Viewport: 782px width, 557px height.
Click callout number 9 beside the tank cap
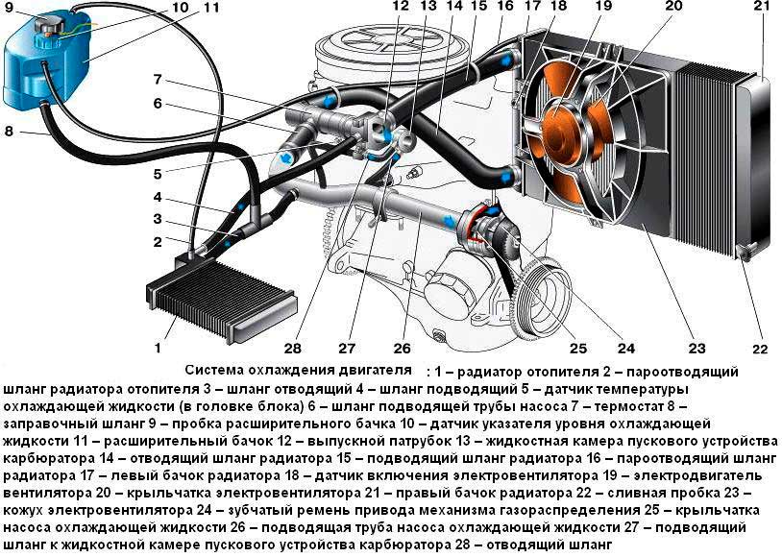click(x=10, y=8)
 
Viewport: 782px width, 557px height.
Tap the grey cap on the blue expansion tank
click(x=47, y=23)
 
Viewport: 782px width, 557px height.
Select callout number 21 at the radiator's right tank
click(x=762, y=7)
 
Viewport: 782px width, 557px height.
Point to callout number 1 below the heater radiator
click(x=159, y=347)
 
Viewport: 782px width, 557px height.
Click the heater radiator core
click(x=222, y=299)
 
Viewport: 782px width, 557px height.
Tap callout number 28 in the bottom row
click(x=292, y=348)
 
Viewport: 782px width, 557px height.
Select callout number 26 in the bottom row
click(x=402, y=348)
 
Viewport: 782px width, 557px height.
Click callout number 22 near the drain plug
click(x=760, y=349)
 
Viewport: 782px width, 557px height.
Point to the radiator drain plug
click(x=745, y=254)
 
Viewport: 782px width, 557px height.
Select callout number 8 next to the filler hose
click(x=9, y=132)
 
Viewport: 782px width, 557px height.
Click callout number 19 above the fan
click(x=603, y=7)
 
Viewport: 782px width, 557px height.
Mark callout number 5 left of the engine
click(x=158, y=174)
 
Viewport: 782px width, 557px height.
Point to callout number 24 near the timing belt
click(x=626, y=348)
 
